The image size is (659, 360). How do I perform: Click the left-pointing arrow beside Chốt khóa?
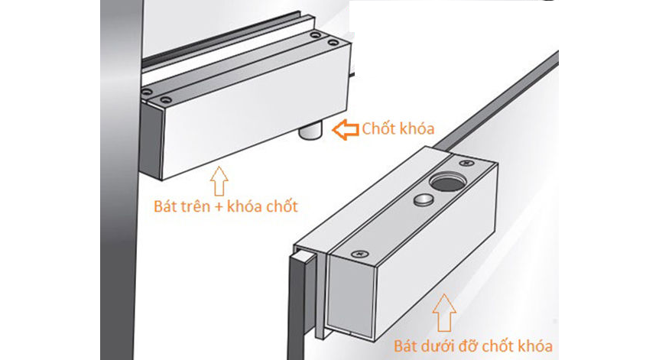tap(346, 129)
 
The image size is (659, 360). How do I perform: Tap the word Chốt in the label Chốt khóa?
tap(378, 128)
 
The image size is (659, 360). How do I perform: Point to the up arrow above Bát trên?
tap(219, 180)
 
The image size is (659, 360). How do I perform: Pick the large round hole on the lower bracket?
tap(446, 182)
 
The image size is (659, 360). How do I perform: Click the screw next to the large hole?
tap(466, 163)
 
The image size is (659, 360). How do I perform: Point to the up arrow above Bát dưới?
tap(445, 313)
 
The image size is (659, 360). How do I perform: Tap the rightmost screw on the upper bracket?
tap(333, 43)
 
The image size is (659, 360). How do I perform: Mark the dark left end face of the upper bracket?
tap(151, 141)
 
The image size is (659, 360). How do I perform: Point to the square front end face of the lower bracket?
tap(351, 297)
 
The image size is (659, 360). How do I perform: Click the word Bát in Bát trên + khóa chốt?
tap(166, 206)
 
